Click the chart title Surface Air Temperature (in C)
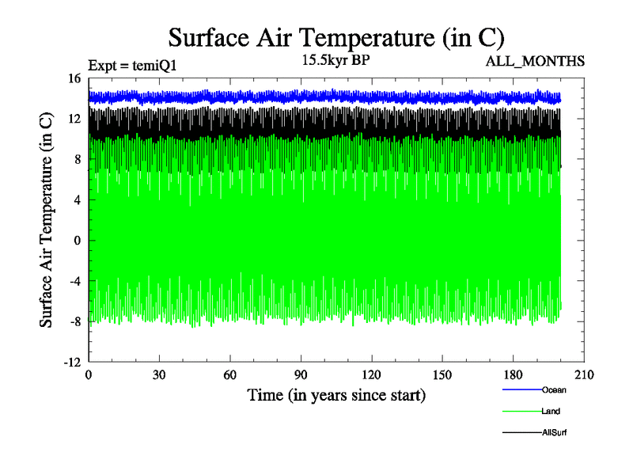tap(336, 37)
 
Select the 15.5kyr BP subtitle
tap(336, 59)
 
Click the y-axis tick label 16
tap(74, 78)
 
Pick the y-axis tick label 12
tap(74, 119)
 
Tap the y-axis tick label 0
tap(78, 241)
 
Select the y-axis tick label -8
tap(74, 321)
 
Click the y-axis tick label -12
tap(72, 362)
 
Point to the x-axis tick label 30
tap(159, 375)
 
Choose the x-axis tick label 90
tap(300, 375)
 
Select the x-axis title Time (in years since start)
tap(336, 395)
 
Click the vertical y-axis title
tap(47, 220)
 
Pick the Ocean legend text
tap(554, 389)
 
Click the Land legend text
tap(552, 412)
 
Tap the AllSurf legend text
tap(555, 433)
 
